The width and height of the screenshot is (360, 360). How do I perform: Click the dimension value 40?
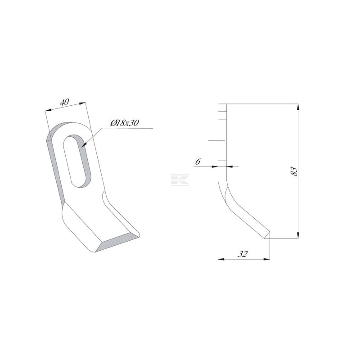(x=64, y=102)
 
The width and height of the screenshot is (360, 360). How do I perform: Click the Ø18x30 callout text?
(x=125, y=123)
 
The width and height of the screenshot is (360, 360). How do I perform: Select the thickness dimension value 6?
(x=198, y=162)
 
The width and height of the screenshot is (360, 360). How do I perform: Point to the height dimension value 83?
(x=294, y=171)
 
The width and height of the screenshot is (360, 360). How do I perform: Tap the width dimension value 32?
(x=243, y=254)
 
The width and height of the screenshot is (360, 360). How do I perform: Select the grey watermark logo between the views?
(x=180, y=180)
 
